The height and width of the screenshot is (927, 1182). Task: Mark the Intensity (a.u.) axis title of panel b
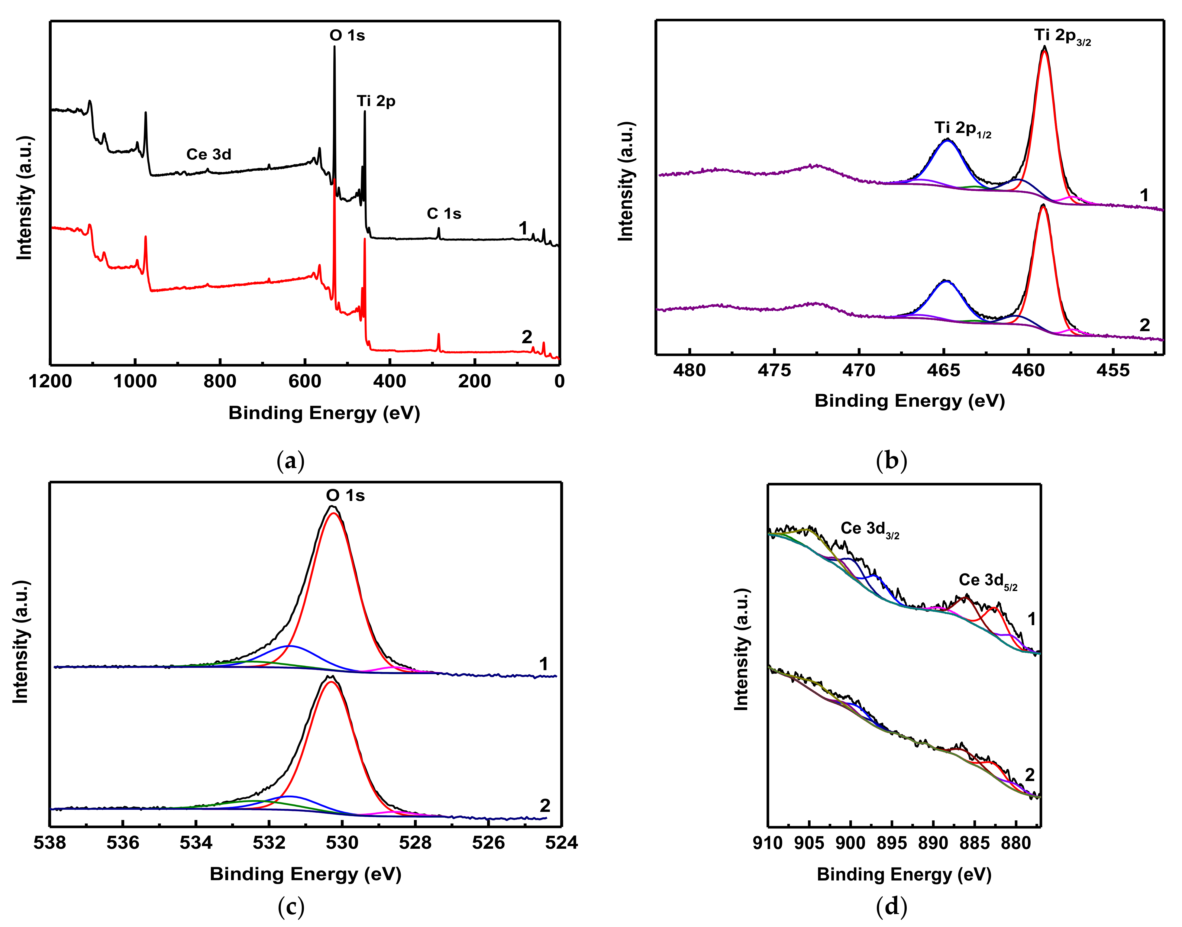pyautogui.click(x=626, y=182)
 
